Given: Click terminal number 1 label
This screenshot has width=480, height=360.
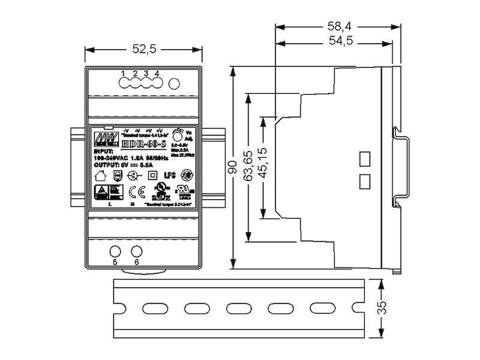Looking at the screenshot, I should (x=124, y=74).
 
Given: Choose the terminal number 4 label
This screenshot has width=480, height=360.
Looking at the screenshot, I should (x=157, y=74).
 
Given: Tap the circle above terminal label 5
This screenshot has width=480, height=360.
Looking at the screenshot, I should (x=115, y=251).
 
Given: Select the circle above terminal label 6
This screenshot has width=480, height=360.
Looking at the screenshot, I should (x=137, y=251).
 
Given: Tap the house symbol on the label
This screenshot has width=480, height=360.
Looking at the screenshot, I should (x=101, y=176).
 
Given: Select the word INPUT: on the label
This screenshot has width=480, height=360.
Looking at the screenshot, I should (x=104, y=152).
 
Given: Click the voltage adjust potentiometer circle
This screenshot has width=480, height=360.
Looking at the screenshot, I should (x=178, y=134).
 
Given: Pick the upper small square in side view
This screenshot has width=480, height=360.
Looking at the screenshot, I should (x=364, y=158).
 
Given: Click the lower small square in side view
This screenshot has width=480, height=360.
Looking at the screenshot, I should (x=364, y=181).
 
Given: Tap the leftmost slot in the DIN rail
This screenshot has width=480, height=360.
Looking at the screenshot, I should (x=144, y=308).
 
